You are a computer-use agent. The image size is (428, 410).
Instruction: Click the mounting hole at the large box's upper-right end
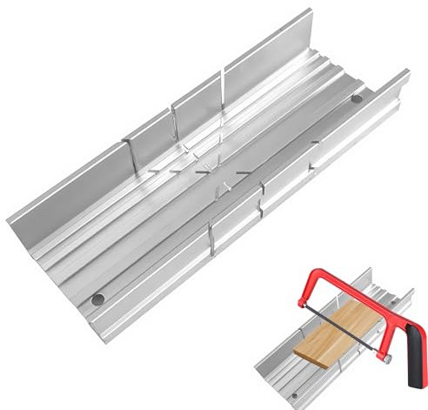(357, 102)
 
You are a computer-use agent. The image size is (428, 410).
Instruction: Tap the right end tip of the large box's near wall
(407, 75)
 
